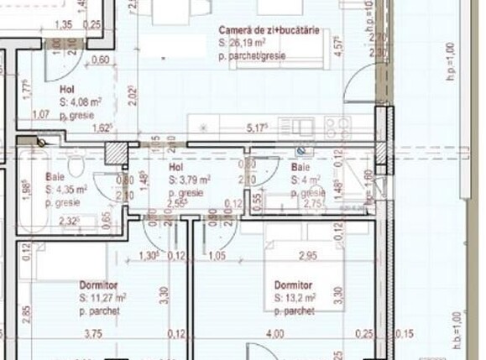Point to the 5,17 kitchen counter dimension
coord(257,128)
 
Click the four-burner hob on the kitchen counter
coord(337,127)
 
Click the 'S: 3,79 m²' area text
coord(189,180)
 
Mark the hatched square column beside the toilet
coord(111,154)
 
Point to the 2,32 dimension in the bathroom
coord(70,222)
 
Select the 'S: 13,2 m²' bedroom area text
coord(295,297)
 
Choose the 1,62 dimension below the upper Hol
coord(102,129)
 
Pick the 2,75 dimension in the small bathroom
coord(313,203)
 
